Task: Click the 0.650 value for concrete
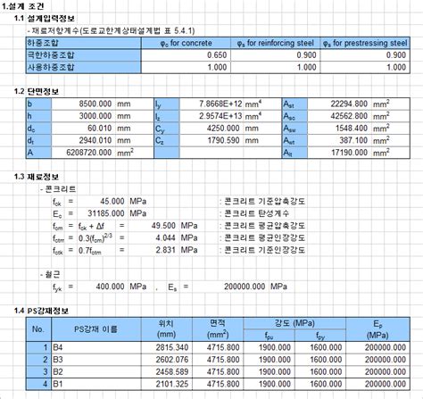pyautogui.click(x=208, y=54)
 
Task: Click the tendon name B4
pyautogui.click(x=59, y=346)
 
